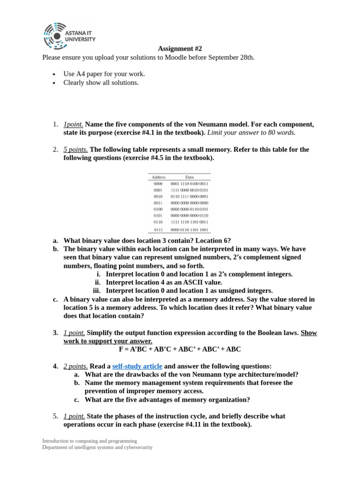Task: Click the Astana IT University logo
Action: (69, 36)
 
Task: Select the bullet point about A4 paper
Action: (104, 74)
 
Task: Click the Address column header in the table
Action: (158, 177)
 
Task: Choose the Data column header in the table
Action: (189, 177)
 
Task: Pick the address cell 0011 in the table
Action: (158, 203)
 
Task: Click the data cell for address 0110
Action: (189, 222)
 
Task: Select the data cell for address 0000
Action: (189, 184)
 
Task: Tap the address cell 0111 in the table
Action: (158, 230)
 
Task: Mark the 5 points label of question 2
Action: (75, 150)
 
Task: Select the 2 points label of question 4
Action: (75, 366)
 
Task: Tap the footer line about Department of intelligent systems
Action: (97, 447)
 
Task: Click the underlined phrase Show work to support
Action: (108, 341)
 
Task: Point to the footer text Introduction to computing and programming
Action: (90, 441)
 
